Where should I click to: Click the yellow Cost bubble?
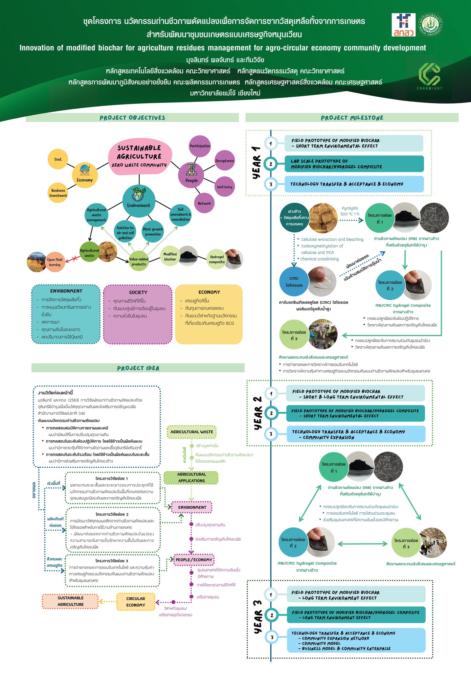58,159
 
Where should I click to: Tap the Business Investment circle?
58,193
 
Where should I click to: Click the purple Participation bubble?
200,146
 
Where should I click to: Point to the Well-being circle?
225,187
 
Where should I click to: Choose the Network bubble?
204,203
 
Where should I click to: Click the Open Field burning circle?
55,262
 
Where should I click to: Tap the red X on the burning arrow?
74,259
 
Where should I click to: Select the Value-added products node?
139,262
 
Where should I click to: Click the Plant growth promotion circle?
153,232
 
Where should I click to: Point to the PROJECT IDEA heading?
138,368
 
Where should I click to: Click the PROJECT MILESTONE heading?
352,118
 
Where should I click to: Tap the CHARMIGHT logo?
429,76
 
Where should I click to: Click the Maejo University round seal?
431,25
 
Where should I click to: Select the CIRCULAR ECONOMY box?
136,602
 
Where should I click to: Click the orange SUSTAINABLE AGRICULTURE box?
70,601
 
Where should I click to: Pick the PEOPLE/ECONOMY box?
194,560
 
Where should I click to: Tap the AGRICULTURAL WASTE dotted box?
192,432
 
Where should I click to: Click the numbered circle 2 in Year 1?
271,164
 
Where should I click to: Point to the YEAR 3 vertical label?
258,617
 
